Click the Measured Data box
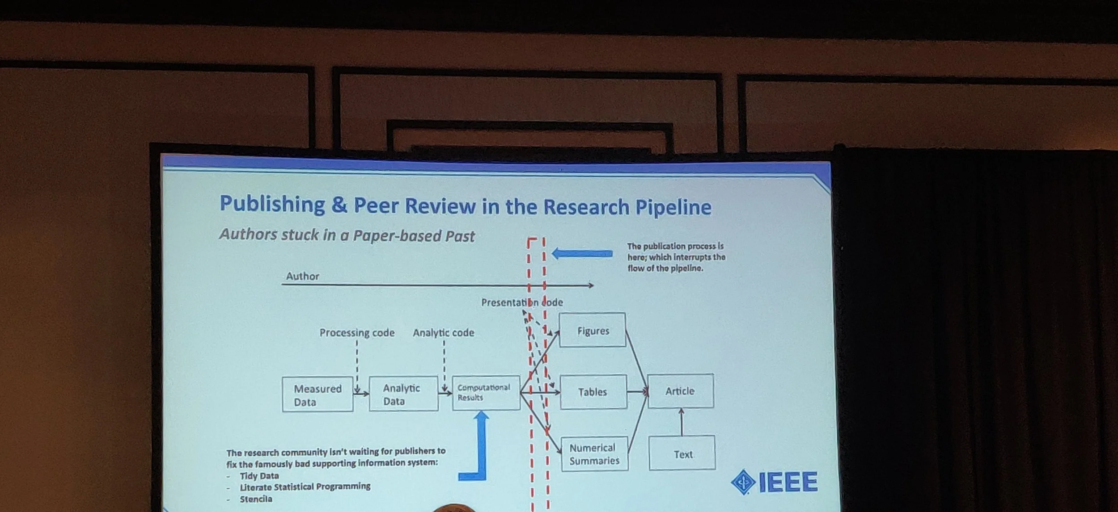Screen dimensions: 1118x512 pyautogui.click(x=318, y=394)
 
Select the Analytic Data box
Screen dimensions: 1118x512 pyautogui.click(x=403, y=394)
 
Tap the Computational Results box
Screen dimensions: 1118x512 pyautogui.click(x=486, y=393)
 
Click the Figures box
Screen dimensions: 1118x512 pyautogui.click(x=593, y=330)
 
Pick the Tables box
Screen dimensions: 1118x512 pyautogui.click(x=593, y=392)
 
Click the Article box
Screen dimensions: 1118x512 pyautogui.click(x=681, y=391)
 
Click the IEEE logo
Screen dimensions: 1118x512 pyautogui.click(x=774, y=482)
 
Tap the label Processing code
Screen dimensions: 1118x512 pyautogui.click(x=357, y=333)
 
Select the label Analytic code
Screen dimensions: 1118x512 pyautogui.click(x=443, y=333)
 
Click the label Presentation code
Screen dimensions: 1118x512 pyautogui.click(x=522, y=302)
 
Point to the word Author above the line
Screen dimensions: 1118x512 pyautogui.click(x=303, y=276)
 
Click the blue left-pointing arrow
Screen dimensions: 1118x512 pyautogui.click(x=582, y=254)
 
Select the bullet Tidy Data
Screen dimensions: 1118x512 pyautogui.click(x=259, y=476)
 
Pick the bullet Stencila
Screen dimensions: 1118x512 pyautogui.click(x=256, y=499)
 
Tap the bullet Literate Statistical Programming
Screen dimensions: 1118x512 pyautogui.click(x=305, y=487)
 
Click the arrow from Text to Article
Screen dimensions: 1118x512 pyautogui.click(x=682, y=422)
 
